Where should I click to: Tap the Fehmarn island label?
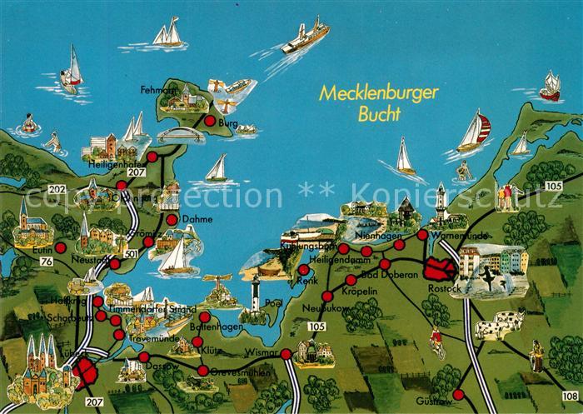[x=155, y=88]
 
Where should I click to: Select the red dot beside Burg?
[x=210, y=121]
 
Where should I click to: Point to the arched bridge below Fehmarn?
[x=180, y=134]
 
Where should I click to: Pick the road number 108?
[x=570, y=395]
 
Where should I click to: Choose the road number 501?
[x=132, y=252]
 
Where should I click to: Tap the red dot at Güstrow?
[x=458, y=394]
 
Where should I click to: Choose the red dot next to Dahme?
[x=172, y=220]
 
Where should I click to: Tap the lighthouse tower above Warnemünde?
[x=441, y=201]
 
